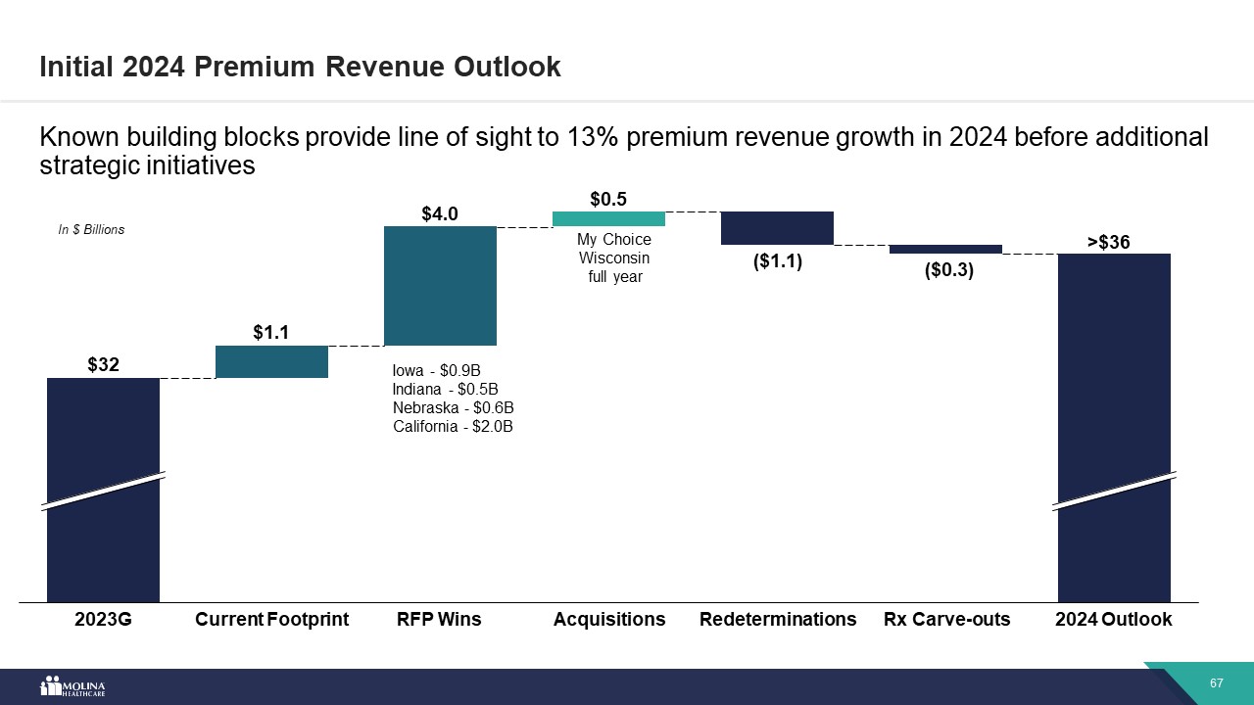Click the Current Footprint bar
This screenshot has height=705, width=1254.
click(271, 361)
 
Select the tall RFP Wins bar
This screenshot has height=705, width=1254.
click(440, 286)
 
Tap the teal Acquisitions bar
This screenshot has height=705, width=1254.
click(608, 218)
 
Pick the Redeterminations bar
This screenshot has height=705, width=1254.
click(777, 228)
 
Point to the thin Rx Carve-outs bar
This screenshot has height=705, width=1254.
click(945, 249)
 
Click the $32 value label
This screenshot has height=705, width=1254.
click(103, 365)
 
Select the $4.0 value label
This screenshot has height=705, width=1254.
click(440, 213)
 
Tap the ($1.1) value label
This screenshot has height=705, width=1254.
click(777, 261)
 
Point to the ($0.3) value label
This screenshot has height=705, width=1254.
click(948, 271)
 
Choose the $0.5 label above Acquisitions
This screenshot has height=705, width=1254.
click(608, 199)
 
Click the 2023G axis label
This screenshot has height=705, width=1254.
click(103, 620)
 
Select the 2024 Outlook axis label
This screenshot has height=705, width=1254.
click(1113, 620)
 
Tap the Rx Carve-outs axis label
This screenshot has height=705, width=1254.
click(946, 620)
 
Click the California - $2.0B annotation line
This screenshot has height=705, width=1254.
click(453, 426)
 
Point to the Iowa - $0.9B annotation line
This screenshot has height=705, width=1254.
click(436, 371)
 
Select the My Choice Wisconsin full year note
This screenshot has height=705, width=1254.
click(613, 258)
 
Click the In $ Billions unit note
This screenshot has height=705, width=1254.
click(91, 230)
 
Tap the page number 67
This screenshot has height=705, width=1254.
click(1217, 682)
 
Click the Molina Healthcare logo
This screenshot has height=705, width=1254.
click(72, 686)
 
